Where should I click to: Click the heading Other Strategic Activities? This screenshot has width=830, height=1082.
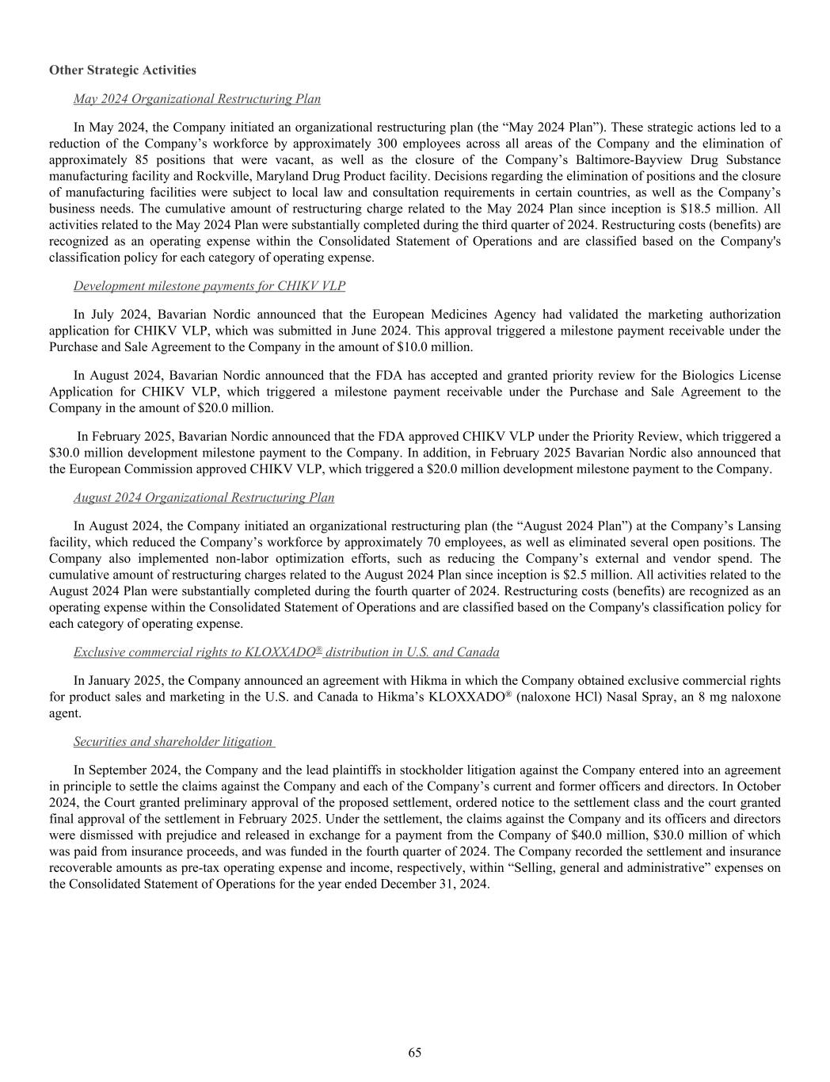pyautogui.click(x=122, y=70)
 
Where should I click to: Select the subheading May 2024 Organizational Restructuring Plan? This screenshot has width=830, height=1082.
pyautogui.click(x=196, y=99)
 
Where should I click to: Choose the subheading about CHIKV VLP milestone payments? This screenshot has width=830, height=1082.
pyautogui.click(x=209, y=285)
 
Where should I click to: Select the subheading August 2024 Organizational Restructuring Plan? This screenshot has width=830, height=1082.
pyautogui.click(x=204, y=498)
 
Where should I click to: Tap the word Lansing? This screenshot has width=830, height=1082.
pyautogui.click(x=760, y=526)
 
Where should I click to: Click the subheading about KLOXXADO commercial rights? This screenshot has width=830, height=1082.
pyautogui.click(x=286, y=652)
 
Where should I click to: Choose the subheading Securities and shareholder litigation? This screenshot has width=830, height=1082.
pyautogui.click(x=173, y=741)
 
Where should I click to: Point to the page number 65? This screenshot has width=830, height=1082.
pyautogui.click(x=414, y=1053)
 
